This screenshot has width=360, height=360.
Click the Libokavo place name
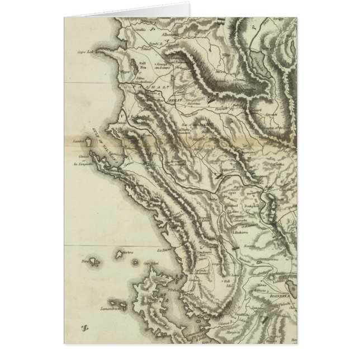(244, 230)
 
